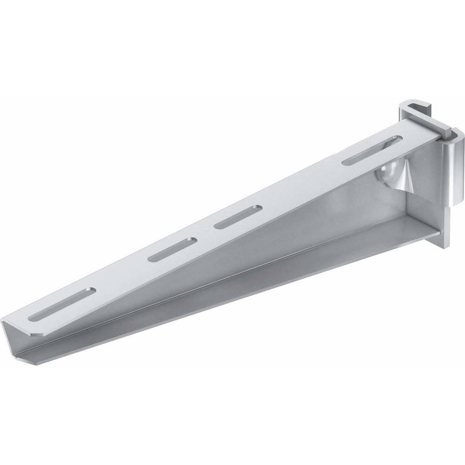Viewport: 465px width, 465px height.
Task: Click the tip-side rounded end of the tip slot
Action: click(x=33, y=318)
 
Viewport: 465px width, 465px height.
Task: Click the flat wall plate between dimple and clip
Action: click(x=423, y=186)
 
